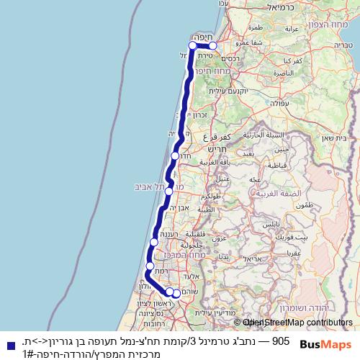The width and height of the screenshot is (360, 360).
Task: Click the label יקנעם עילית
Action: point(227,91)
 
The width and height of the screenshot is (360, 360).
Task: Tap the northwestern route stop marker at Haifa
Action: point(192,46)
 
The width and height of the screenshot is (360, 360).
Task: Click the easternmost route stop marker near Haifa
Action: point(212,46)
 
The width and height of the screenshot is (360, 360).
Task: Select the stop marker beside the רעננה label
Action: point(154,243)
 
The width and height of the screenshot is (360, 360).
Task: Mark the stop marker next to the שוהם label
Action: point(176,293)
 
